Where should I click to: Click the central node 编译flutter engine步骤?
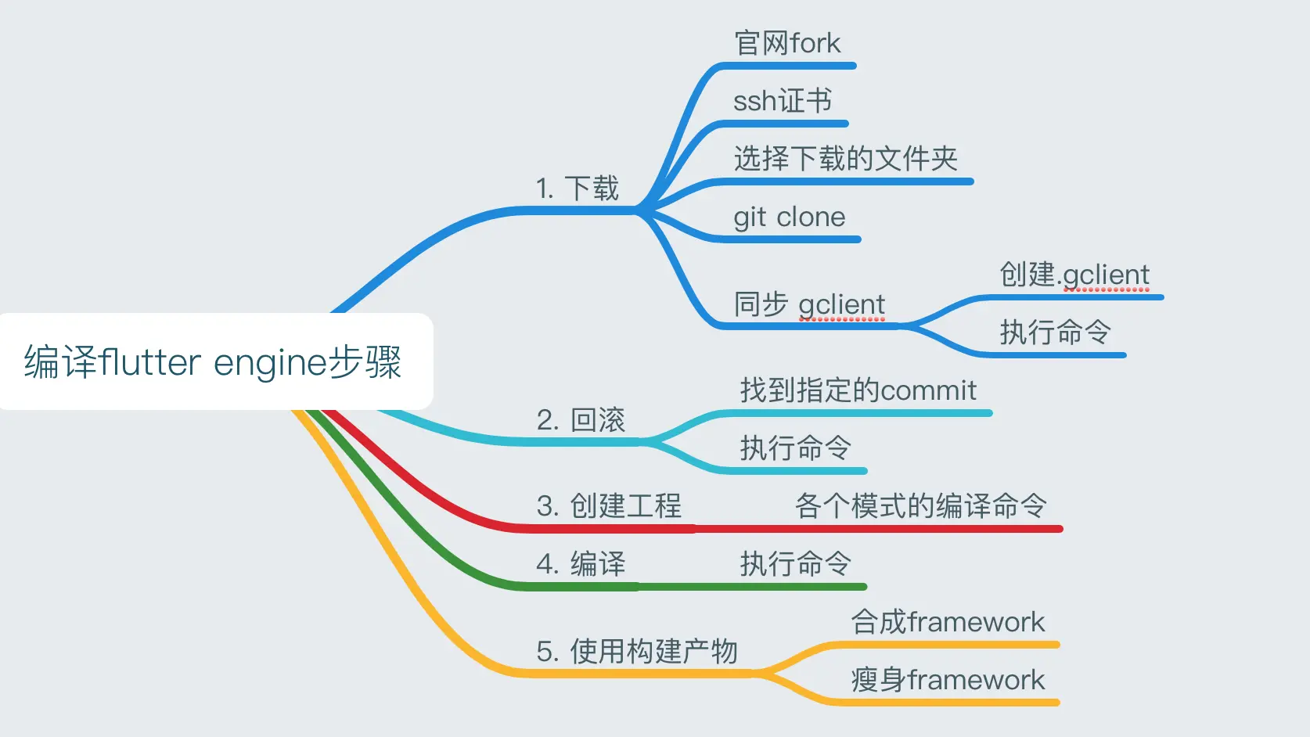pos(213,361)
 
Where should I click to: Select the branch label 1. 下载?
pos(578,189)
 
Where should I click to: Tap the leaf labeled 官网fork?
pos(787,43)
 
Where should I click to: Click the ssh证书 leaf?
pos(782,101)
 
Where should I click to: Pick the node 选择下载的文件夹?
pos(845,159)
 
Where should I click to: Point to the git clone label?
pos(789,217)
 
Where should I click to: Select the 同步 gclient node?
pos(809,304)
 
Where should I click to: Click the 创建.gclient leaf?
pos(1074,275)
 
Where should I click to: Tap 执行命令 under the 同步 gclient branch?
pos(1055,333)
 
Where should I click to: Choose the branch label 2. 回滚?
pos(581,420)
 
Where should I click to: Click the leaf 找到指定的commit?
pos(858,390)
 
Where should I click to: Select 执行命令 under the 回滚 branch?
pos(795,448)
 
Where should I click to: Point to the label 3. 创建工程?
pos(609,506)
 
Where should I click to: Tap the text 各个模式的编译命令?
pos(920,506)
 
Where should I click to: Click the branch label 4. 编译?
pos(581,564)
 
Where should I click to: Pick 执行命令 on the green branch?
pos(795,564)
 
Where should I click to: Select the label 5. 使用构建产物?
pos(637,651)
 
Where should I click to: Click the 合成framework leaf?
pos(948,622)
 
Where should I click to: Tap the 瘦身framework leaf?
pos(948,680)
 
